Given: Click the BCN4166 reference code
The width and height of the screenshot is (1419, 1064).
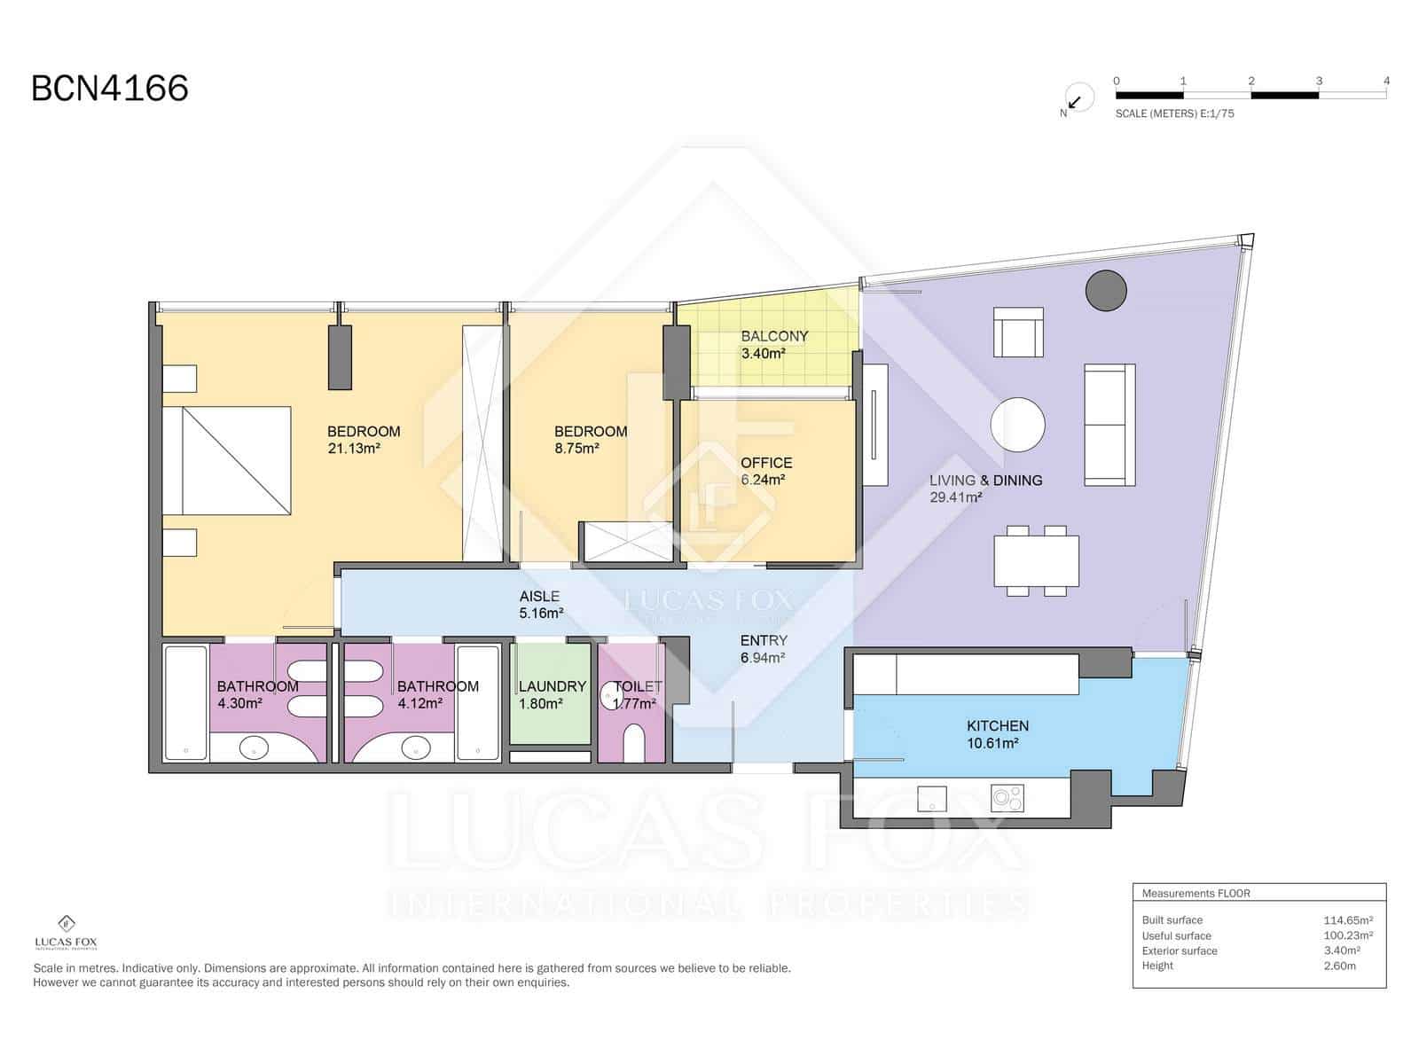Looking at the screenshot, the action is point(110,89).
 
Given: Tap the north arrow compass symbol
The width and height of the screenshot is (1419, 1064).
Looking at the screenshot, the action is point(1077,99).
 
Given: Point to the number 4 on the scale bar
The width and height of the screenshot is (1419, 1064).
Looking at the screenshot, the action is point(1386,81).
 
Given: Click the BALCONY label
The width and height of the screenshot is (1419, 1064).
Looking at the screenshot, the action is point(774,336).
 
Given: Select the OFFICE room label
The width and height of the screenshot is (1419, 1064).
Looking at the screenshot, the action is point(766,463).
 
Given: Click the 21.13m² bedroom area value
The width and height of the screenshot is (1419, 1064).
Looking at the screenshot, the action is point(353,449).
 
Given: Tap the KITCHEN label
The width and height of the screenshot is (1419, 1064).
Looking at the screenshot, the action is point(998,725).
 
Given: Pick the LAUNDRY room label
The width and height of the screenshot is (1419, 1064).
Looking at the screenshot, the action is point(553,686).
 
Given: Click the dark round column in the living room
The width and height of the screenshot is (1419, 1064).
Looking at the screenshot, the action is point(1105,291).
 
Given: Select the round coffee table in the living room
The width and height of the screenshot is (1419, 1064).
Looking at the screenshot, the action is point(1017,425).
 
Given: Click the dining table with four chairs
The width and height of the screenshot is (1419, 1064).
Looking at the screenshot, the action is point(1036,560).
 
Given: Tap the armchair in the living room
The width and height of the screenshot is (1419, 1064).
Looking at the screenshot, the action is point(1018,332).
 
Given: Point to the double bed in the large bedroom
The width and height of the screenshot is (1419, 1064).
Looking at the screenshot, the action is point(226,460).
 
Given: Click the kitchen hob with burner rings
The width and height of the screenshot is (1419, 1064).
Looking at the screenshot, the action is point(1007,798).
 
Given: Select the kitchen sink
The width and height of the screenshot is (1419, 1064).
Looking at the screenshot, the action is point(931,799).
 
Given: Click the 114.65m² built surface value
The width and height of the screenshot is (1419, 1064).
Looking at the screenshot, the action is point(1348,920).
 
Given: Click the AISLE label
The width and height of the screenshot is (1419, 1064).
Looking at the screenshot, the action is point(539,596).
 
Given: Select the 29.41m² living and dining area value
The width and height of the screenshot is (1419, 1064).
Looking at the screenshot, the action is point(955,497).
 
